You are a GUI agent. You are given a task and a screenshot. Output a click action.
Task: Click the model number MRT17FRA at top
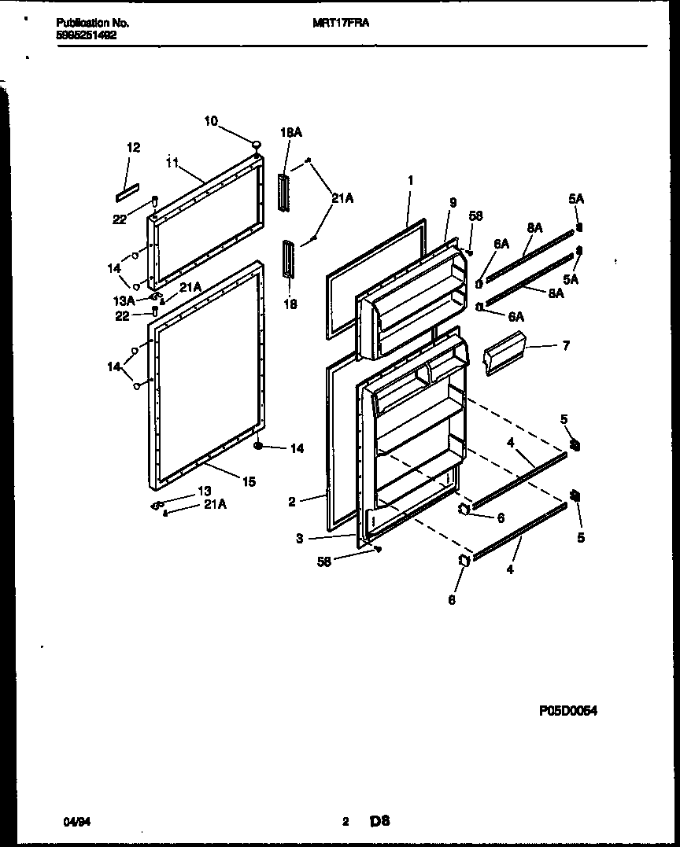point(341,24)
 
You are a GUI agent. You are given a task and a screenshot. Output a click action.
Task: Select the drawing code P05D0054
point(567,711)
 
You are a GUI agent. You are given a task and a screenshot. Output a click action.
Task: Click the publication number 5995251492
point(87,35)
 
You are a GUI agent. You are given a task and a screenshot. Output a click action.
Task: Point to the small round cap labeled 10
point(256,144)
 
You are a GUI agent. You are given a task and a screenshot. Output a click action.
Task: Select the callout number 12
point(134,147)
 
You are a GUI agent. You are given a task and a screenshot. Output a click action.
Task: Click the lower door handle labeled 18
point(289,259)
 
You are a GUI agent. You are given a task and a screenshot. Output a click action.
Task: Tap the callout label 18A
point(290,133)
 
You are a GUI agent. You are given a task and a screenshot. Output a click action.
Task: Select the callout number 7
point(566,345)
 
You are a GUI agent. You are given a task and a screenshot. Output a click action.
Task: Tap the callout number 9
point(453,202)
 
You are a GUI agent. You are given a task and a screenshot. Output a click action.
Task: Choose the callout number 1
point(410,180)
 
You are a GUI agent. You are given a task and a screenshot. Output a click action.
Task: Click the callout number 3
point(300,538)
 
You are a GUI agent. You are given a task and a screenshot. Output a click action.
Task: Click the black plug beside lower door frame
point(257,447)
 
